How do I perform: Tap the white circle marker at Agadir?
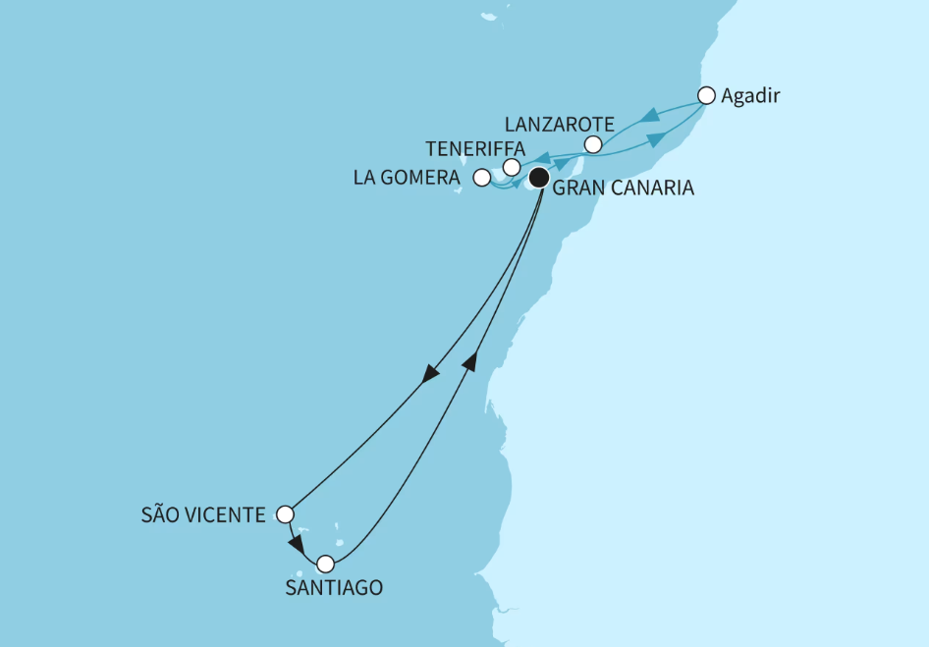point(706,95)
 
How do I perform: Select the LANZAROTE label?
point(559,125)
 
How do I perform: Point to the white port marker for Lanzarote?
point(592,144)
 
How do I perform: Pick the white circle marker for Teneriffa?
point(512,167)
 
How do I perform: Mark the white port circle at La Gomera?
point(481,178)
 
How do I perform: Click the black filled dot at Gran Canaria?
point(539,178)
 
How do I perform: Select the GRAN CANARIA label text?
point(624,189)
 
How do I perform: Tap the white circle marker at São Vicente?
point(285,513)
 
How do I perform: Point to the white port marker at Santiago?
point(325,564)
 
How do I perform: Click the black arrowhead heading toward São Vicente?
point(430,374)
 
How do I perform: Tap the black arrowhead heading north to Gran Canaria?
point(470,361)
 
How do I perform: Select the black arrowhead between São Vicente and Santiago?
point(296,543)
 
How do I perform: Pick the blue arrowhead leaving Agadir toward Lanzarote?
point(648,117)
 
